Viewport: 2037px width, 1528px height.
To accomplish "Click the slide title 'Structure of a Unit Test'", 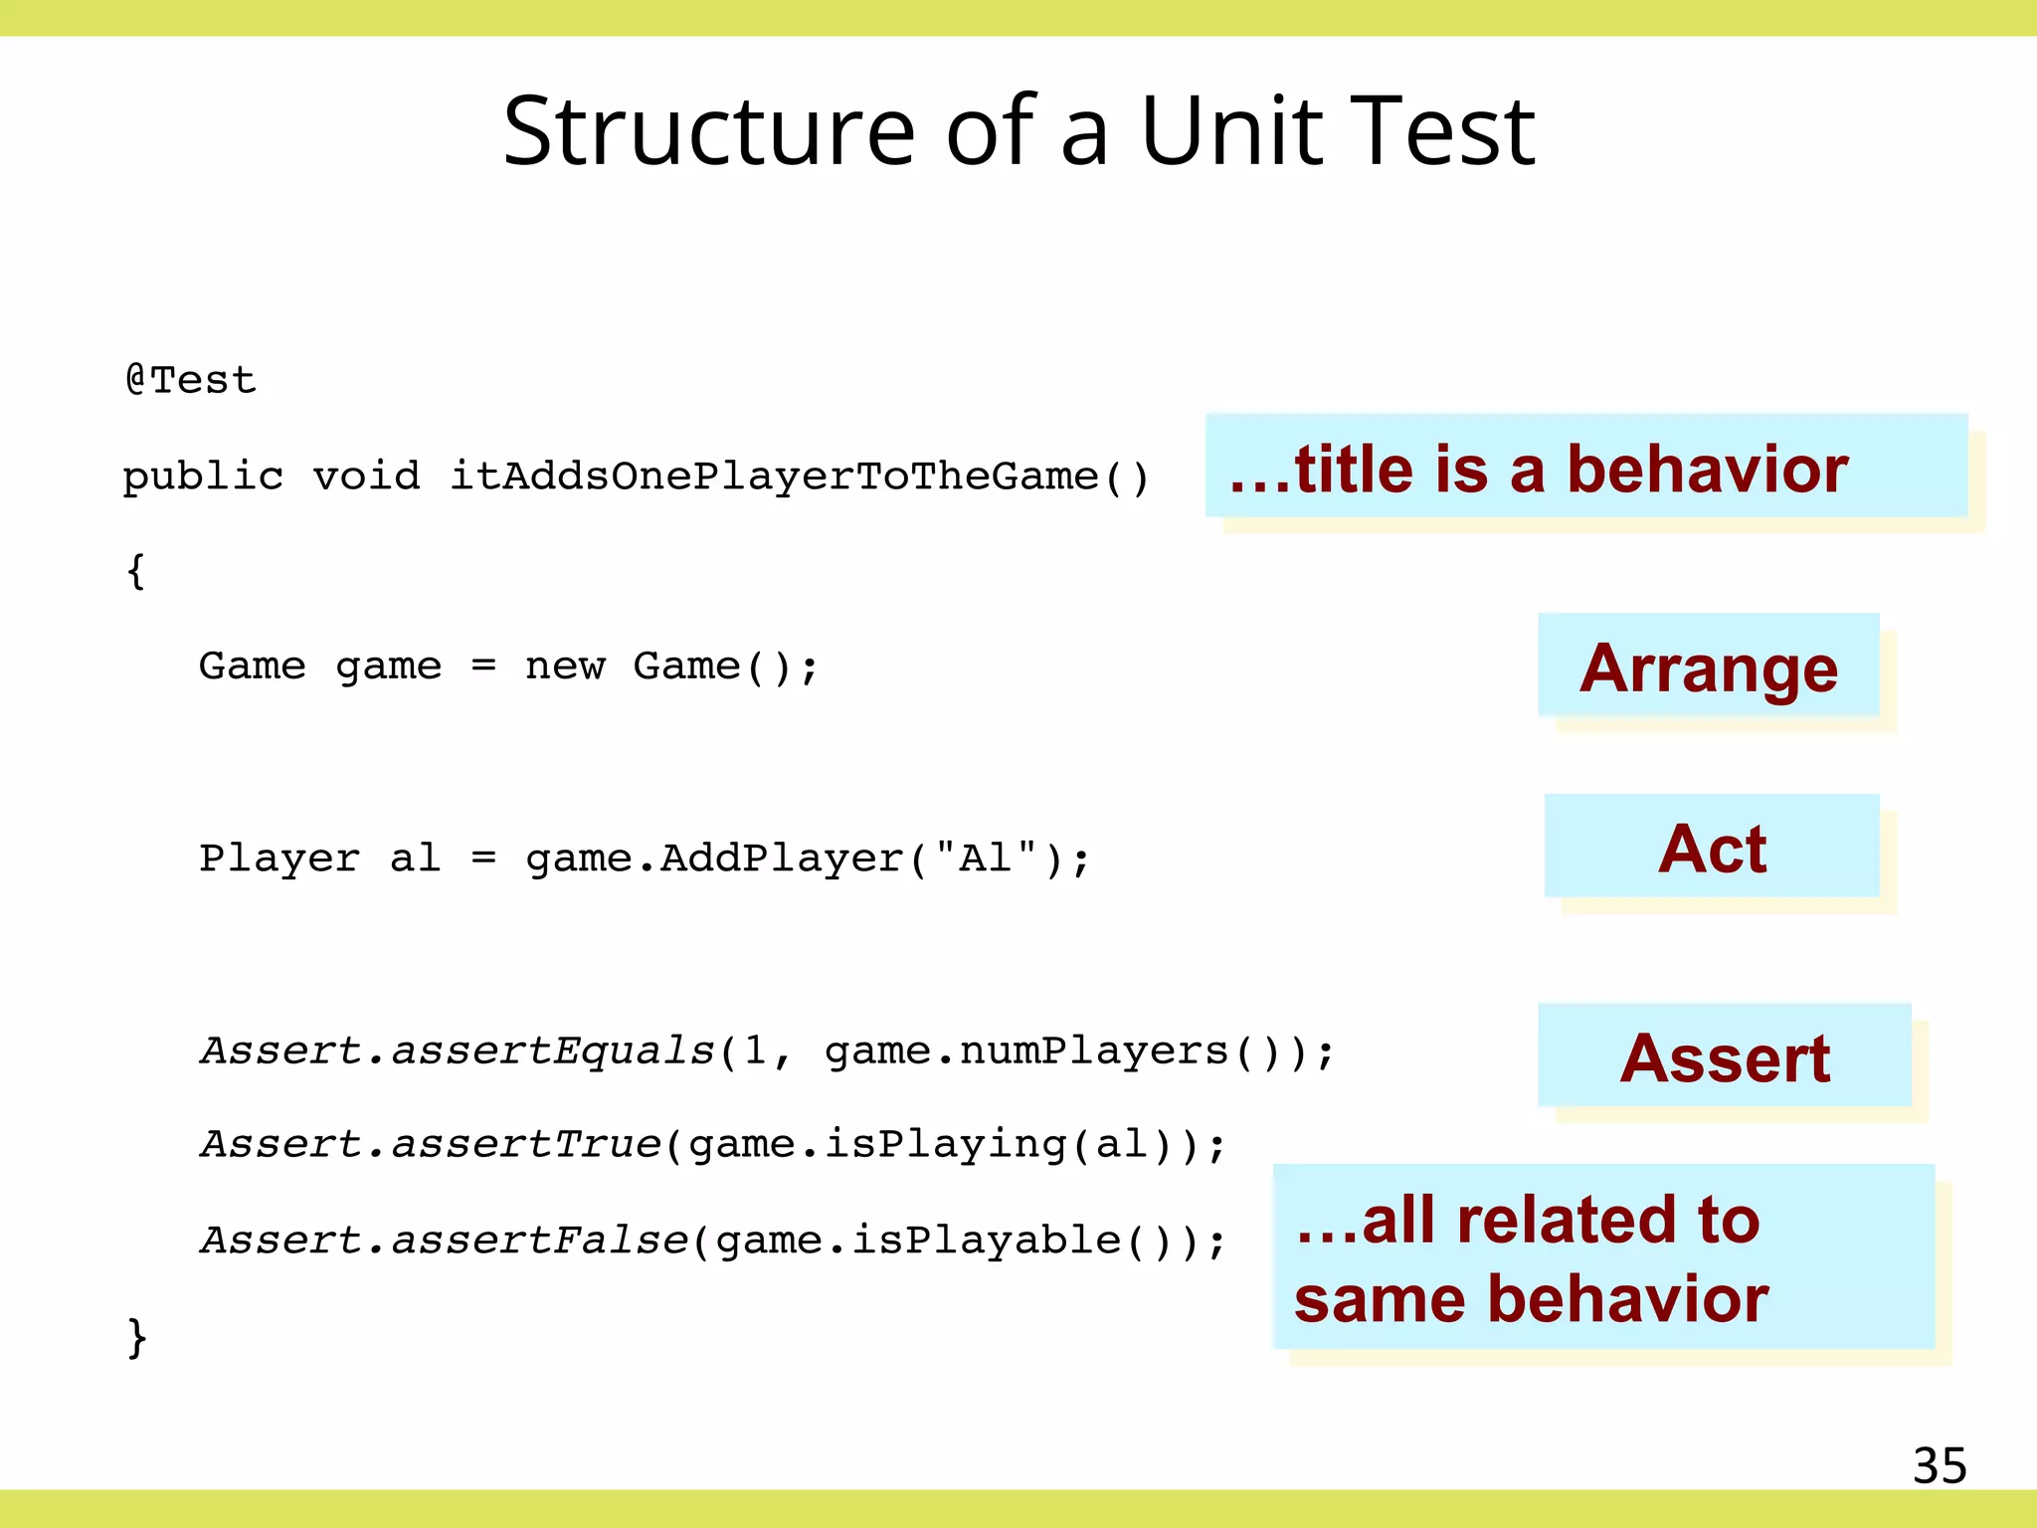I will tap(1018, 131).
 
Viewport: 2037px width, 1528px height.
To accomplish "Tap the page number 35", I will tap(1939, 1465).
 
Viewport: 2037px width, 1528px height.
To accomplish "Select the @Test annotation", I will tap(191, 380).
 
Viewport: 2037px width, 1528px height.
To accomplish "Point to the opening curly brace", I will tap(136, 571).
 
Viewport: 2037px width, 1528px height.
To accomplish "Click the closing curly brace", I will tap(137, 1336).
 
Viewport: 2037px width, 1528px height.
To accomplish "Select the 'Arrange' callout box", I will tap(1708, 667).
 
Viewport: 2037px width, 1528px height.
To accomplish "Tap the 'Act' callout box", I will tap(1711, 848).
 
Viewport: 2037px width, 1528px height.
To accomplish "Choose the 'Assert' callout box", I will tap(1724, 1056).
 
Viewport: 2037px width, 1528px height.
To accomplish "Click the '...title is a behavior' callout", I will tap(1585, 467).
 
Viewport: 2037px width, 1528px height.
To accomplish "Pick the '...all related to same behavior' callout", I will tap(1602, 1257).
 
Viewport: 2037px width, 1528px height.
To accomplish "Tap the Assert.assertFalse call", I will tap(444, 1241).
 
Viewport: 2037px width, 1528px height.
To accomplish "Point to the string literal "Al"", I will tap(986, 857).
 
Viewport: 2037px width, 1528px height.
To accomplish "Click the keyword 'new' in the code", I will tap(564, 666).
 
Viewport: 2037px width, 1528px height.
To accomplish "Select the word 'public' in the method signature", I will tap(203, 477).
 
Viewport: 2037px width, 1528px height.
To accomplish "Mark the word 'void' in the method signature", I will tap(366, 477).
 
